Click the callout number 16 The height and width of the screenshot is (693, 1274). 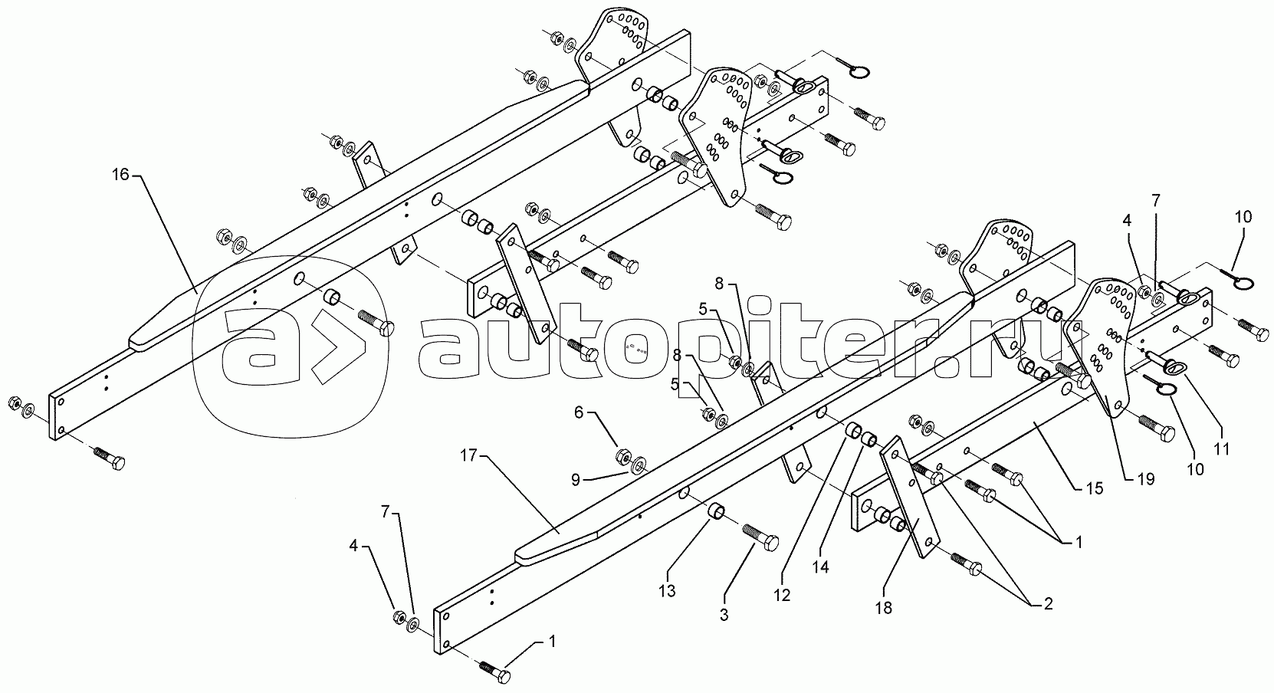pos(120,174)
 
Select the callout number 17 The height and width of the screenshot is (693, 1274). pos(470,455)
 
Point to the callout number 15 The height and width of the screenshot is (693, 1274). pos(1095,488)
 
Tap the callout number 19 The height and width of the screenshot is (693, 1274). pos(1146,479)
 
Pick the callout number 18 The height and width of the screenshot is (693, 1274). pos(884,608)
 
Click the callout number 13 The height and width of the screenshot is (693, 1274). pos(667,591)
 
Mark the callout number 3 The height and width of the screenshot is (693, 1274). pos(724,615)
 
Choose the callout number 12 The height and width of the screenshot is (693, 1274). pos(782,595)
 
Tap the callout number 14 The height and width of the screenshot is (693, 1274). pos(821,567)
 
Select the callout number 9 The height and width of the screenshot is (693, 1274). pos(576,480)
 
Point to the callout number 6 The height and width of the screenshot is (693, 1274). pos(579,412)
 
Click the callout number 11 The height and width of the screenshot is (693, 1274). pos(1222,449)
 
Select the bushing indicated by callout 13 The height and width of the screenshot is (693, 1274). pos(715,511)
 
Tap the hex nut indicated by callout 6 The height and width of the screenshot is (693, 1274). pos(622,457)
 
